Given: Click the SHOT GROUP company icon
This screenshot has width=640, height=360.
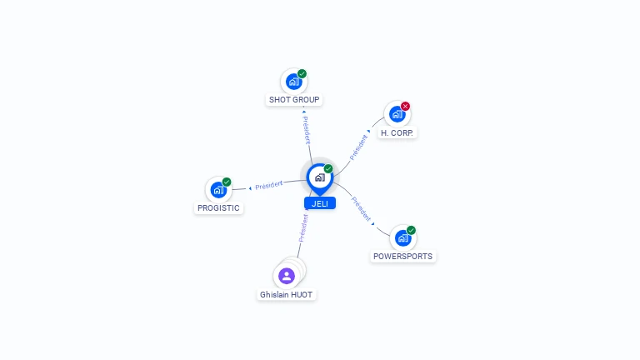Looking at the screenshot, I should (293, 82).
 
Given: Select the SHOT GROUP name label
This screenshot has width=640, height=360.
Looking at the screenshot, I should (294, 100).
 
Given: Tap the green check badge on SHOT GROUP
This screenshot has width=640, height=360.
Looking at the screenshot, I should (302, 73).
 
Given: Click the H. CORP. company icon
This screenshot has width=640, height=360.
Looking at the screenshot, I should (397, 114).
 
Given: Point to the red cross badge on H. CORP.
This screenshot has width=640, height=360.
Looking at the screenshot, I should (406, 106).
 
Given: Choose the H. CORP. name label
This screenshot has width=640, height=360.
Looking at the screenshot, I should (397, 132).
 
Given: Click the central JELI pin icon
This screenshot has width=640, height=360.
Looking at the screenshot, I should (319, 177).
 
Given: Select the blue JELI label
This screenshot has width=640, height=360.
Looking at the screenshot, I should (320, 203).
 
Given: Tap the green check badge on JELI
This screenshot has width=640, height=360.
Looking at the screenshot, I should (328, 168).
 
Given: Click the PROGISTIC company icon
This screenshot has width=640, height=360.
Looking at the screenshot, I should (218, 189).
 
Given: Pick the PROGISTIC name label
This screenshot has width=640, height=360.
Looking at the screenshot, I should (218, 208).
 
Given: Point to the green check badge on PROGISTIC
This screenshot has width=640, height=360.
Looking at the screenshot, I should (227, 182).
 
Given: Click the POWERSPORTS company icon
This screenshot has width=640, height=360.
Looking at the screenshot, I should (403, 238).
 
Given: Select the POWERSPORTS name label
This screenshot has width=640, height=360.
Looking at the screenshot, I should (403, 257).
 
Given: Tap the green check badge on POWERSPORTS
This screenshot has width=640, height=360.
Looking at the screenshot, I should (412, 230).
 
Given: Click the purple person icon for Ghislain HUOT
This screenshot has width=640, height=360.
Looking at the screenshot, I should (287, 276).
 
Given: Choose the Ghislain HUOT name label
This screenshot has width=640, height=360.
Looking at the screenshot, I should (287, 295).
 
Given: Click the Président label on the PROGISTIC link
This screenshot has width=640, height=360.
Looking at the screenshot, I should (269, 184).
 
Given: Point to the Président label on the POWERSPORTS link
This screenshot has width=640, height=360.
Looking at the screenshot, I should (362, 208).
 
